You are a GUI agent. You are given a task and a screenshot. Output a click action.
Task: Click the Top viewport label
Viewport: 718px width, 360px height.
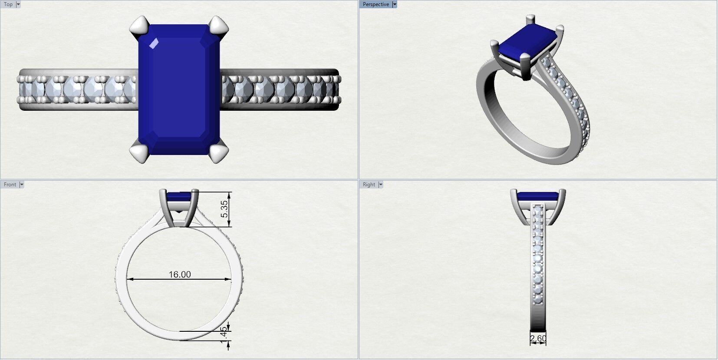8,4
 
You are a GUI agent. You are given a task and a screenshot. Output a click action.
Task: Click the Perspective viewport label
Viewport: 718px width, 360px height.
375,4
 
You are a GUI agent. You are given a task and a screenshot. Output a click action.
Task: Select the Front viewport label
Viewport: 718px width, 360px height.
10,185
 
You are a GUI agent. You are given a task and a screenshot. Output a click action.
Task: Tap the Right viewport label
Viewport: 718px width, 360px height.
369,185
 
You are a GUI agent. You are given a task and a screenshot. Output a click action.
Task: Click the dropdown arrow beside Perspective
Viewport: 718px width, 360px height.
394,4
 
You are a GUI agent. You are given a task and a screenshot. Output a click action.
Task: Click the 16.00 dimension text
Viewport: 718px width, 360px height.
180,274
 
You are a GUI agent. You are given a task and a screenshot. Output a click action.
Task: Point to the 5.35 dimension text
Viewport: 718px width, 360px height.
224,209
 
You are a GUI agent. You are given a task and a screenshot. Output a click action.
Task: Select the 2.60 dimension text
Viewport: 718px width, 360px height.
538,338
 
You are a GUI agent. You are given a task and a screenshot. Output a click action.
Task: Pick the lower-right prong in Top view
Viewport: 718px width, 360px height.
218,153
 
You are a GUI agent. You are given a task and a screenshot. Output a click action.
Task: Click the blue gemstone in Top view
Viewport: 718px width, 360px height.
179,89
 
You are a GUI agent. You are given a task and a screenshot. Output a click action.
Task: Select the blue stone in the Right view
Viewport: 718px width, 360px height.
537,196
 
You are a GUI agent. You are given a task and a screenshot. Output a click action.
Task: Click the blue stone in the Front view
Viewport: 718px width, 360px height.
179,197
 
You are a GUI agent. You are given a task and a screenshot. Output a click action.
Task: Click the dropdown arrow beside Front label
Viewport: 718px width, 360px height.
22,185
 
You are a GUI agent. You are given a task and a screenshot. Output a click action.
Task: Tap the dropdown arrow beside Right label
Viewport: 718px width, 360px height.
381,185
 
